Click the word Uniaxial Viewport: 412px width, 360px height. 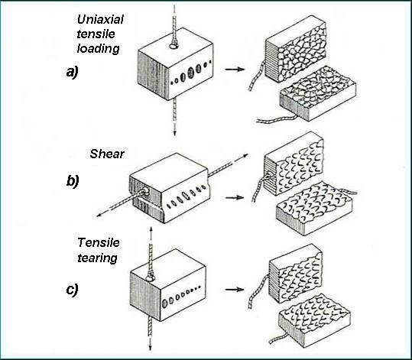click(x=100, y=19)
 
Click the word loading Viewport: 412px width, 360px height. click(x=99, y=49)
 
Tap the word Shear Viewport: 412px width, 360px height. click(x=107, y=154)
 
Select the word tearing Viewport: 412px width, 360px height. click(x=97, y=258)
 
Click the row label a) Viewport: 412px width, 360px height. click(x=73, y=72)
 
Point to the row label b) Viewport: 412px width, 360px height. click(x=73, y=181)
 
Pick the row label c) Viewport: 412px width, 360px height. click(x=73, y=290)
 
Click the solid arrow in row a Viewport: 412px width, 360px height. click(x=235, y=70)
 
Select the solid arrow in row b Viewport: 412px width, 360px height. click(x=235, y=197)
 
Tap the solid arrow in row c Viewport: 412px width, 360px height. click(x=235, y=290)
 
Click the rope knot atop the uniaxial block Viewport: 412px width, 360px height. click(x=174, y=45)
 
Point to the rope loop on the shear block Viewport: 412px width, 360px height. click(x=144, y=191)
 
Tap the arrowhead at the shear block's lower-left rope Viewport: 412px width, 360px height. click(x=99, y=215)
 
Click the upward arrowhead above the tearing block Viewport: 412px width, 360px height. click(x=151, y=229)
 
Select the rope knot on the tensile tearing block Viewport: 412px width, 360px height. click(x=150, y=277)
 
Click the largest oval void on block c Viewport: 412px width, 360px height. click(x=165, y=303)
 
